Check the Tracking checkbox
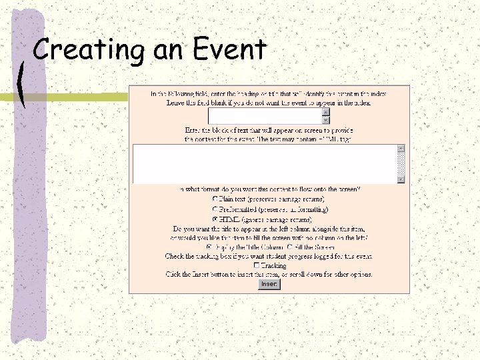256,265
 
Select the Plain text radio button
214,199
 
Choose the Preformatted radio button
214,209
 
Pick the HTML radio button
214,218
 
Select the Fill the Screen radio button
289,247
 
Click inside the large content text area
264,163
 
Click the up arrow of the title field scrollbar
326,112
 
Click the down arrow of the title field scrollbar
326,121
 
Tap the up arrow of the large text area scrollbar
401,148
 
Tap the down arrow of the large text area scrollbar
401,179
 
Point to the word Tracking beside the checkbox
273,265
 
